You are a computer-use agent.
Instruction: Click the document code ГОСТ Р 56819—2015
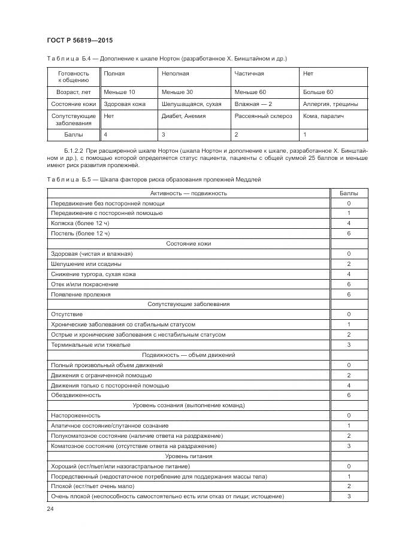(x=80, y=40)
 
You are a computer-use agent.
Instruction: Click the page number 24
(x=50, y=508)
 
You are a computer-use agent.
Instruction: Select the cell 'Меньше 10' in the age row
(x=119, y=92)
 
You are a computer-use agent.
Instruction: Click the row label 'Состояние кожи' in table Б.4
(x=73, y=104)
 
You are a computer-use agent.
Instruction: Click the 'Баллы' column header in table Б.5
(x=349, y=193)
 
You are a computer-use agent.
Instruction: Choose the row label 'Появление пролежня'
(x=81, y=294)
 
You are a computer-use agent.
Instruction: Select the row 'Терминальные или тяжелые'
(x=90, y=344)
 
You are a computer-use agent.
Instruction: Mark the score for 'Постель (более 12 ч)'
(x=349, y=233)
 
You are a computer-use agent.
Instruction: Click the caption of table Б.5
(x=153, y=179)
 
